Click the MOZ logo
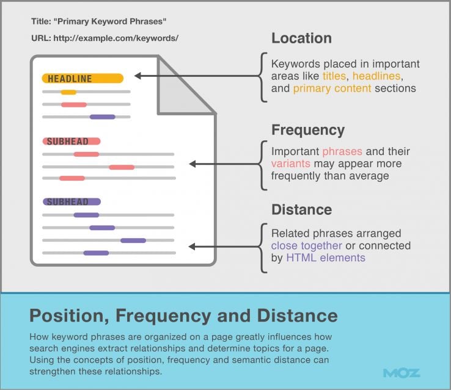pyautogui.click(x=402, y=372)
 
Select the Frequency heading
pyautogui.click(x=308, y=130)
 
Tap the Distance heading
pyautogui.click(x=302, y=209)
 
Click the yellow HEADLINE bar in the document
pyautogui.click(x=82, y=78)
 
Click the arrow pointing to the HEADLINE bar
pyautogui.click(x=196, y=76)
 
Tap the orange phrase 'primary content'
pyautogui.click(x=332, y=88)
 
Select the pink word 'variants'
pyautogui.click(x=291, y=164)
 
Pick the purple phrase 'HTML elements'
pyautogui.click(x=326, y=258)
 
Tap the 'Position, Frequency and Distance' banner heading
pyautogui.click(x=183, y=316)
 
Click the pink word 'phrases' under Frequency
pyautogui.click(x=342, y=151)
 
